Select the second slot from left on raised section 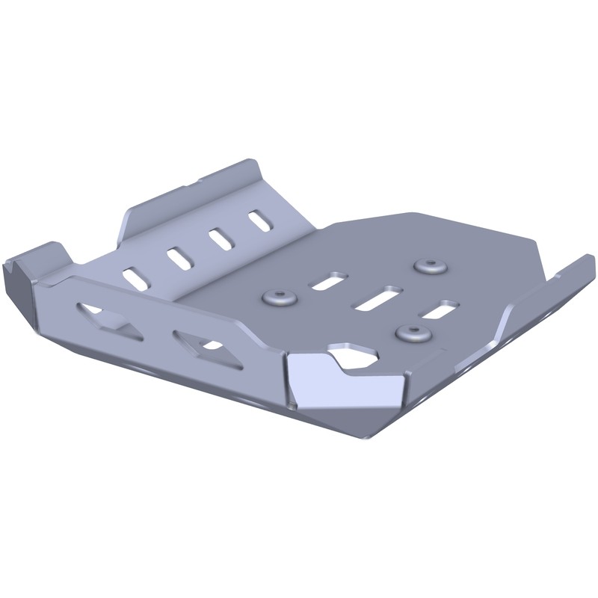point(179,258)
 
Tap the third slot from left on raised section point(220,238)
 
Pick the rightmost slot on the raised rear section point(259,221)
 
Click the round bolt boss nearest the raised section point(279,298)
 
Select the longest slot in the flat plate point(378,297)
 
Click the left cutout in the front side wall point(110,319)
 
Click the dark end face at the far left point(16,288)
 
